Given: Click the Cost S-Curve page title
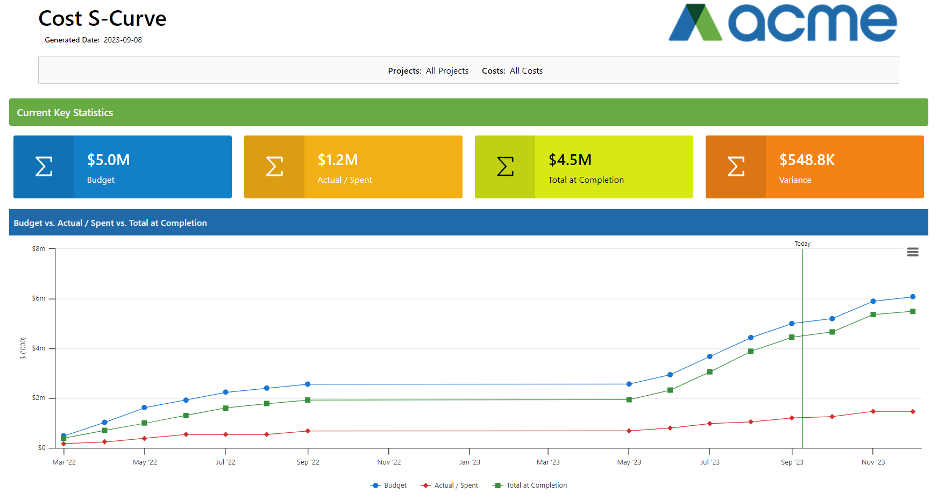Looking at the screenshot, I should tap(102, 19).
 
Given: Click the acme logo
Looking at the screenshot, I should tap(783, 23).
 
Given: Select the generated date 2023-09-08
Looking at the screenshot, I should tap(123, 40).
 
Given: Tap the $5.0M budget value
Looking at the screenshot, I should tap(108, 160).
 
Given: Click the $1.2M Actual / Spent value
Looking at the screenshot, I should tap(337, 160).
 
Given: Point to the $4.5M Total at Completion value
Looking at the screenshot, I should tap(570, 160).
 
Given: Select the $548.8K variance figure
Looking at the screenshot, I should tap(807, 160).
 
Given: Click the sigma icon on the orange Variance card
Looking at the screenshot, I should tap(735, 167).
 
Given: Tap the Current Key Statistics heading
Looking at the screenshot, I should tap(65, 113).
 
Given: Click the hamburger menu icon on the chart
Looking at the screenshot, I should tap(912, 252).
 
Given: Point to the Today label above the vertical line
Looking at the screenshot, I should tap(802, 244).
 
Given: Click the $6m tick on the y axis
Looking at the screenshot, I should tap(39, 298).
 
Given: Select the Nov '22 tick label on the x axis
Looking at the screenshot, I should tap(389, 462).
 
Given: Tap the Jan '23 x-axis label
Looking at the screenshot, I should tap(470, 462).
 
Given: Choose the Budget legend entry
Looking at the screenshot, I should tap(389, 485).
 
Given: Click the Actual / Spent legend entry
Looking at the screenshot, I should tap(450, 485).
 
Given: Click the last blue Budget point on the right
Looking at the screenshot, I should tap(912, 297).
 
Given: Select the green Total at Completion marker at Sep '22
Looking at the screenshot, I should tap(308, 400).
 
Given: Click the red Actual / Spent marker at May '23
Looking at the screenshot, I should tap(629, 431).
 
